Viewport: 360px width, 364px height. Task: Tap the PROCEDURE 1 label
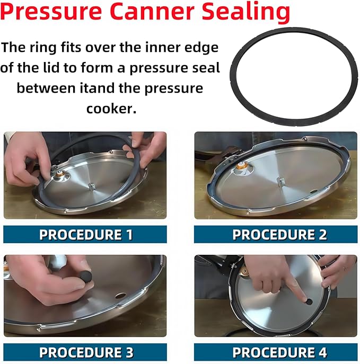tap(85, 235)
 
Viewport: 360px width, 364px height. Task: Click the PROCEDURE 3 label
tap(85, 352)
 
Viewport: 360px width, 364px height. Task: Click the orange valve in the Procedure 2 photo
tap(242, 165)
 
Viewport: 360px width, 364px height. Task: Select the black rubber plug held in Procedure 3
tap(85, 276)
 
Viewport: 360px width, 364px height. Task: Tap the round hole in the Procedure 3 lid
tap(120, 295)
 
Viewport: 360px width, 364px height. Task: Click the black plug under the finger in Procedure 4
tap(306, 300)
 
